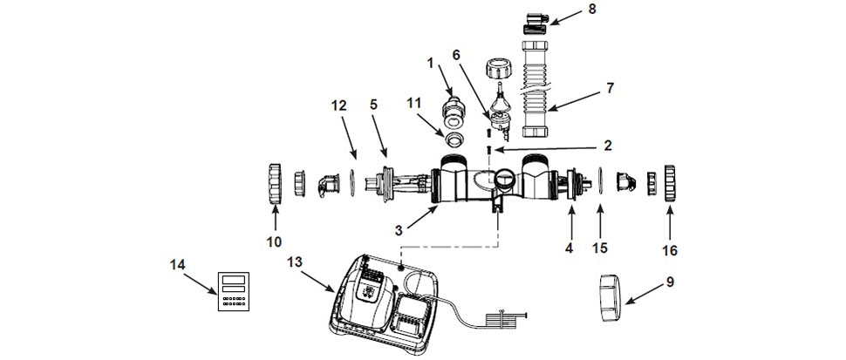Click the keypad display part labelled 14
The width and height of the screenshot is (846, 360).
pyautogui.click(x=230, y=292)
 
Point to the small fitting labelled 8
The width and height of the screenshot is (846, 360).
pyautogui.click(x=533, y=18)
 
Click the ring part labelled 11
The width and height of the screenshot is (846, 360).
pyautogui.click(x=453, y=143)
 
